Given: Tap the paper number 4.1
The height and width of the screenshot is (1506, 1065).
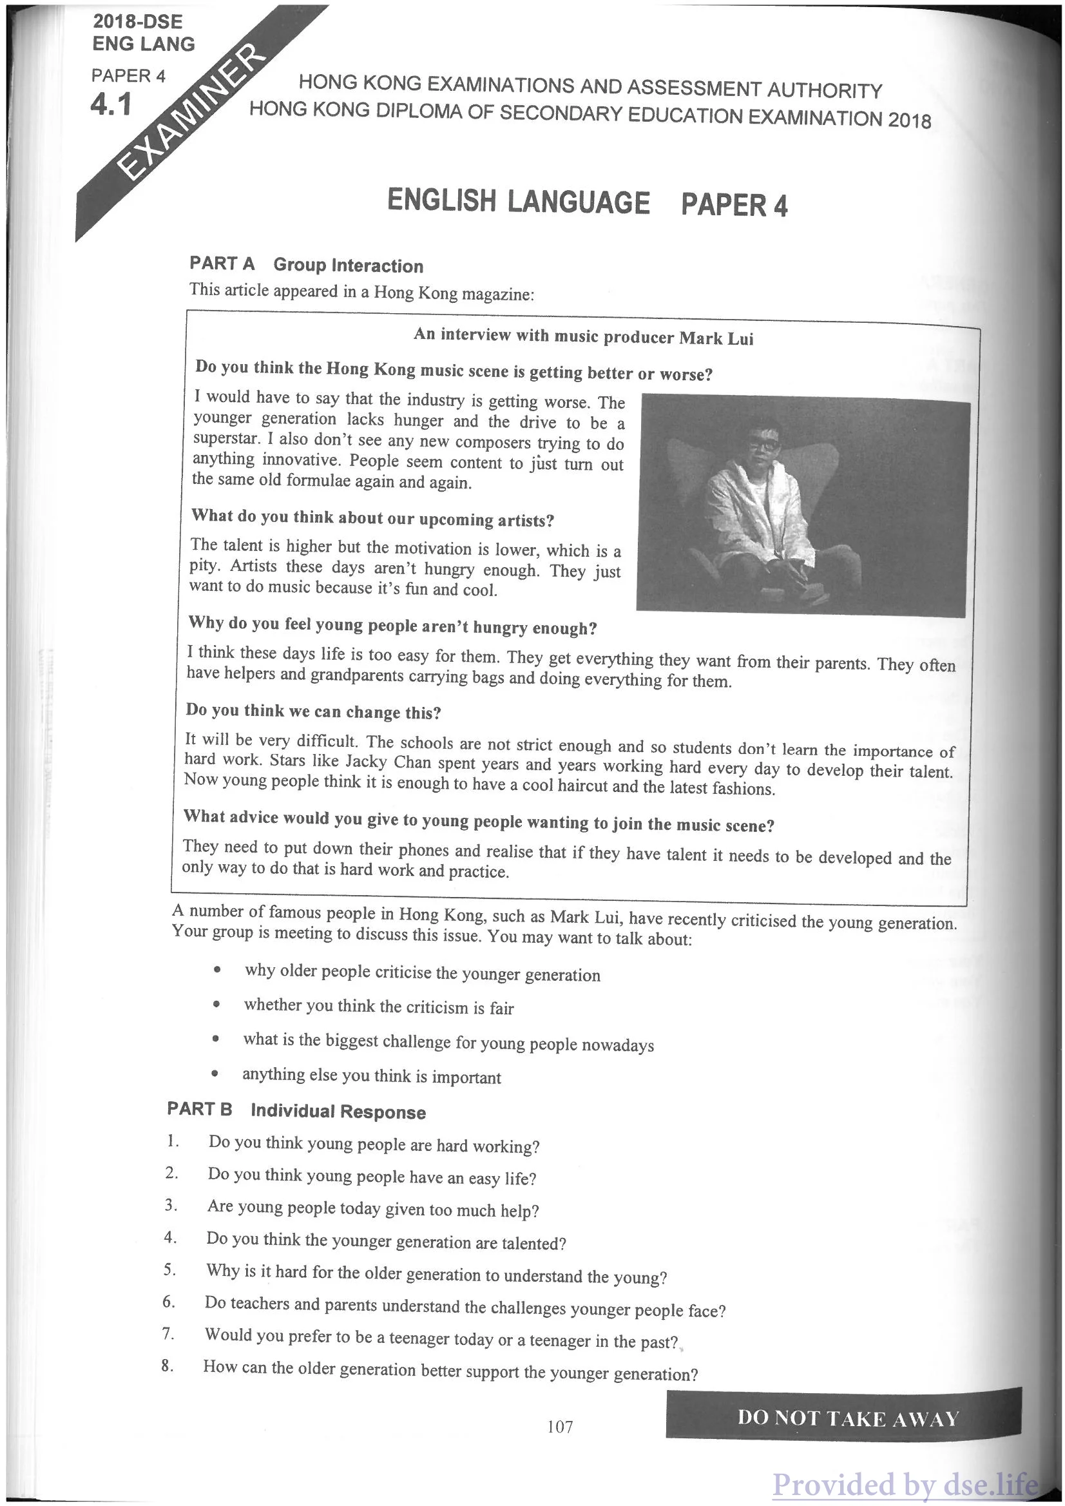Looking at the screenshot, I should click(x=111, y=104).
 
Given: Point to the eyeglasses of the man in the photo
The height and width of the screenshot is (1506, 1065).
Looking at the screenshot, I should click(x=763, y=443).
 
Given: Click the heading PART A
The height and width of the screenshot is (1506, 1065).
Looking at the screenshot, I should click(x=222, y=264).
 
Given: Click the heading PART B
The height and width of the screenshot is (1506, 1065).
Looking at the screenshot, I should click(x=199, y=1109).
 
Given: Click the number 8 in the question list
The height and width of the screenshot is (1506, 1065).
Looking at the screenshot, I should click(x=168, y=1366).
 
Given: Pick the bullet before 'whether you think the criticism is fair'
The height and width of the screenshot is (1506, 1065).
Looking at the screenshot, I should click(x=215, y=1005).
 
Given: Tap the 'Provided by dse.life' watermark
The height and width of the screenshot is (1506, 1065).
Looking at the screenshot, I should click(x=905, y=1483).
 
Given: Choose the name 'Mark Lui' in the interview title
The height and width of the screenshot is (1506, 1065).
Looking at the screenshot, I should click(x=716, y=338).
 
